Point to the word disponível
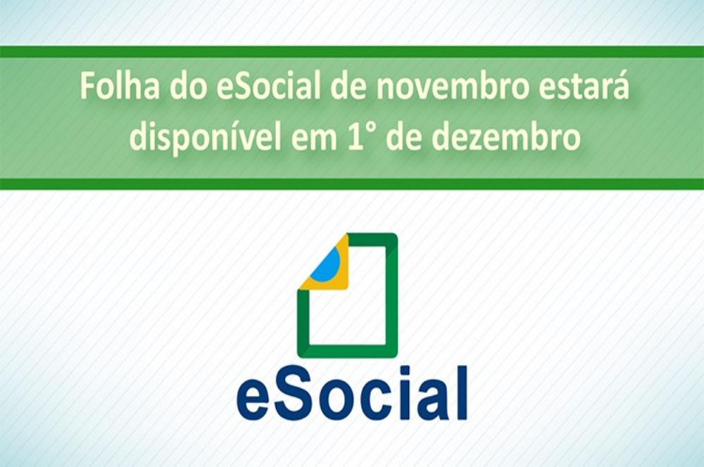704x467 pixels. [x=206, y=137]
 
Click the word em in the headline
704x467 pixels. [x=314, y=141]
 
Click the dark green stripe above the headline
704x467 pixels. [x=352, y=51]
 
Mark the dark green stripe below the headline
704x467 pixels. [x=352, y=184]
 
